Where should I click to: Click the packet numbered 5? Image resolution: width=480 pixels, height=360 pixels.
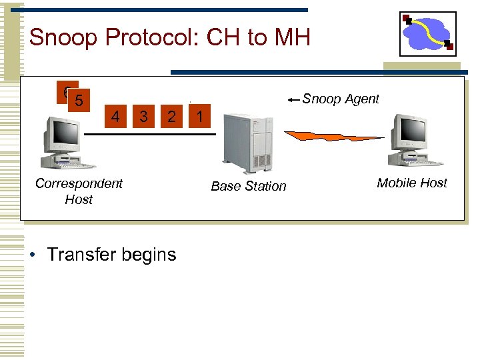[x=80, y=101]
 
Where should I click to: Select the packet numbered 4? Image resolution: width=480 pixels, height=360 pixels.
[x=115, y=117]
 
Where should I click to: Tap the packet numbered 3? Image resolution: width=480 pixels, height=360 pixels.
[x=143, y=117]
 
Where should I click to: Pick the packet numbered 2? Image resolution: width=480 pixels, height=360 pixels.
[x=171, y=117]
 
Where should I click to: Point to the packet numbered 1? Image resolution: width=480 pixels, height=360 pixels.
[x=199, y=117]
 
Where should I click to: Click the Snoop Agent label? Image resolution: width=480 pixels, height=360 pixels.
[x=341, y=99]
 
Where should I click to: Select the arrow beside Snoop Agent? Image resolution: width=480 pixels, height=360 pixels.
[x=294, y=100]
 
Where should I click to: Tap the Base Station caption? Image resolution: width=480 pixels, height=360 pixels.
[x=248, y=187]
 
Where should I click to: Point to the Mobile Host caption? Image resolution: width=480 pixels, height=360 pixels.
[x=412, y=183]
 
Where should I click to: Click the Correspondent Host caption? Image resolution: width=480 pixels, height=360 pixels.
[x=79, y=191]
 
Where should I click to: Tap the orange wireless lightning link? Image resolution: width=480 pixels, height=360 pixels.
[x=333, y=136]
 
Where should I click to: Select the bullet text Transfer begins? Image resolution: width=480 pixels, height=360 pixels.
[x=111, y=255]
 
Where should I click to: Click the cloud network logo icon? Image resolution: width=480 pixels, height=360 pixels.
[x=427, y=33]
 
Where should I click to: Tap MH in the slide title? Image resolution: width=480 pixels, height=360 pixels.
[x=291, y=37]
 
